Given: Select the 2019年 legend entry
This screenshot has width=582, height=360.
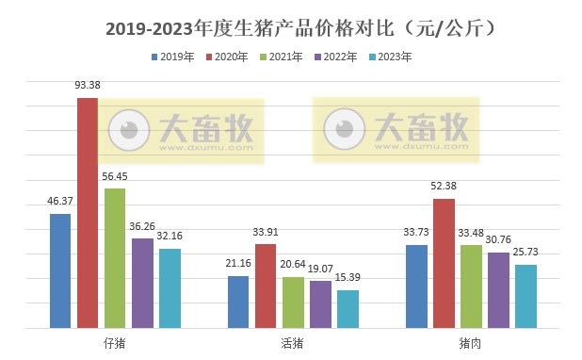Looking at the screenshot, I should [172, 57].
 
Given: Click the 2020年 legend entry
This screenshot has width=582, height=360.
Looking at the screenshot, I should [227, 57].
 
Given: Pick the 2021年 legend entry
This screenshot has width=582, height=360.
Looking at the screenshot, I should [282, 57].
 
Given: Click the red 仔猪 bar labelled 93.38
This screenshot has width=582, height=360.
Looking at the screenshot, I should [88, 212].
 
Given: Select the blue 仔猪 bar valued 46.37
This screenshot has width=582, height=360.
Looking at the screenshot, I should [60, 270].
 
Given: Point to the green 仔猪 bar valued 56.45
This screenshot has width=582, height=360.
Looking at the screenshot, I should [115, 257].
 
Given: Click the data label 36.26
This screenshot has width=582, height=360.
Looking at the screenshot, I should [143, 226].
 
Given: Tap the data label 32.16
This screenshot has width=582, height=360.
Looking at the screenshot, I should [170, 237].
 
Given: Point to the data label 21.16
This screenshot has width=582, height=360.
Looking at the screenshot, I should [238, 264].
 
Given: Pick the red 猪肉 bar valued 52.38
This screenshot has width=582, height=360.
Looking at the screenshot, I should [444, 263].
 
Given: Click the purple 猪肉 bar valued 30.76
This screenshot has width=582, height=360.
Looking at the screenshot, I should [498, 289].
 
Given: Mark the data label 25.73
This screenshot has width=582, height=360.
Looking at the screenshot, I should [525, 253].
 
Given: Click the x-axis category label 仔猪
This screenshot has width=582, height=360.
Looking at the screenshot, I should [115, 343].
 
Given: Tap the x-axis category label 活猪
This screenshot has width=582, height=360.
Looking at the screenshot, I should [292, 343].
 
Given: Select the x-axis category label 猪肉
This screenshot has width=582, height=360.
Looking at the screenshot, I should [470, 343].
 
